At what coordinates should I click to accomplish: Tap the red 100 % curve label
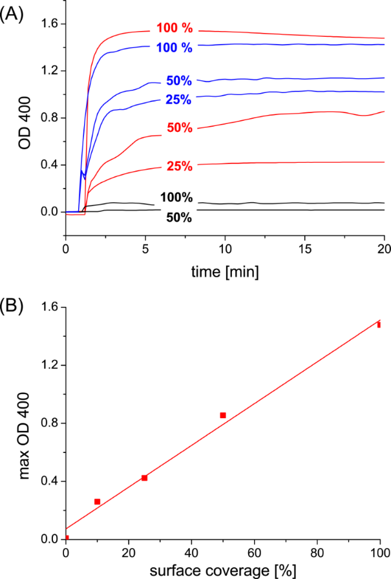tap(174, 29)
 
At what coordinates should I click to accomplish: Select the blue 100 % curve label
tap(174, 47)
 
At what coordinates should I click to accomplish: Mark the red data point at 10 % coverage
tap(98, 501)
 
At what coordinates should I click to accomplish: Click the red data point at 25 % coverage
tap(145, 478)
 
